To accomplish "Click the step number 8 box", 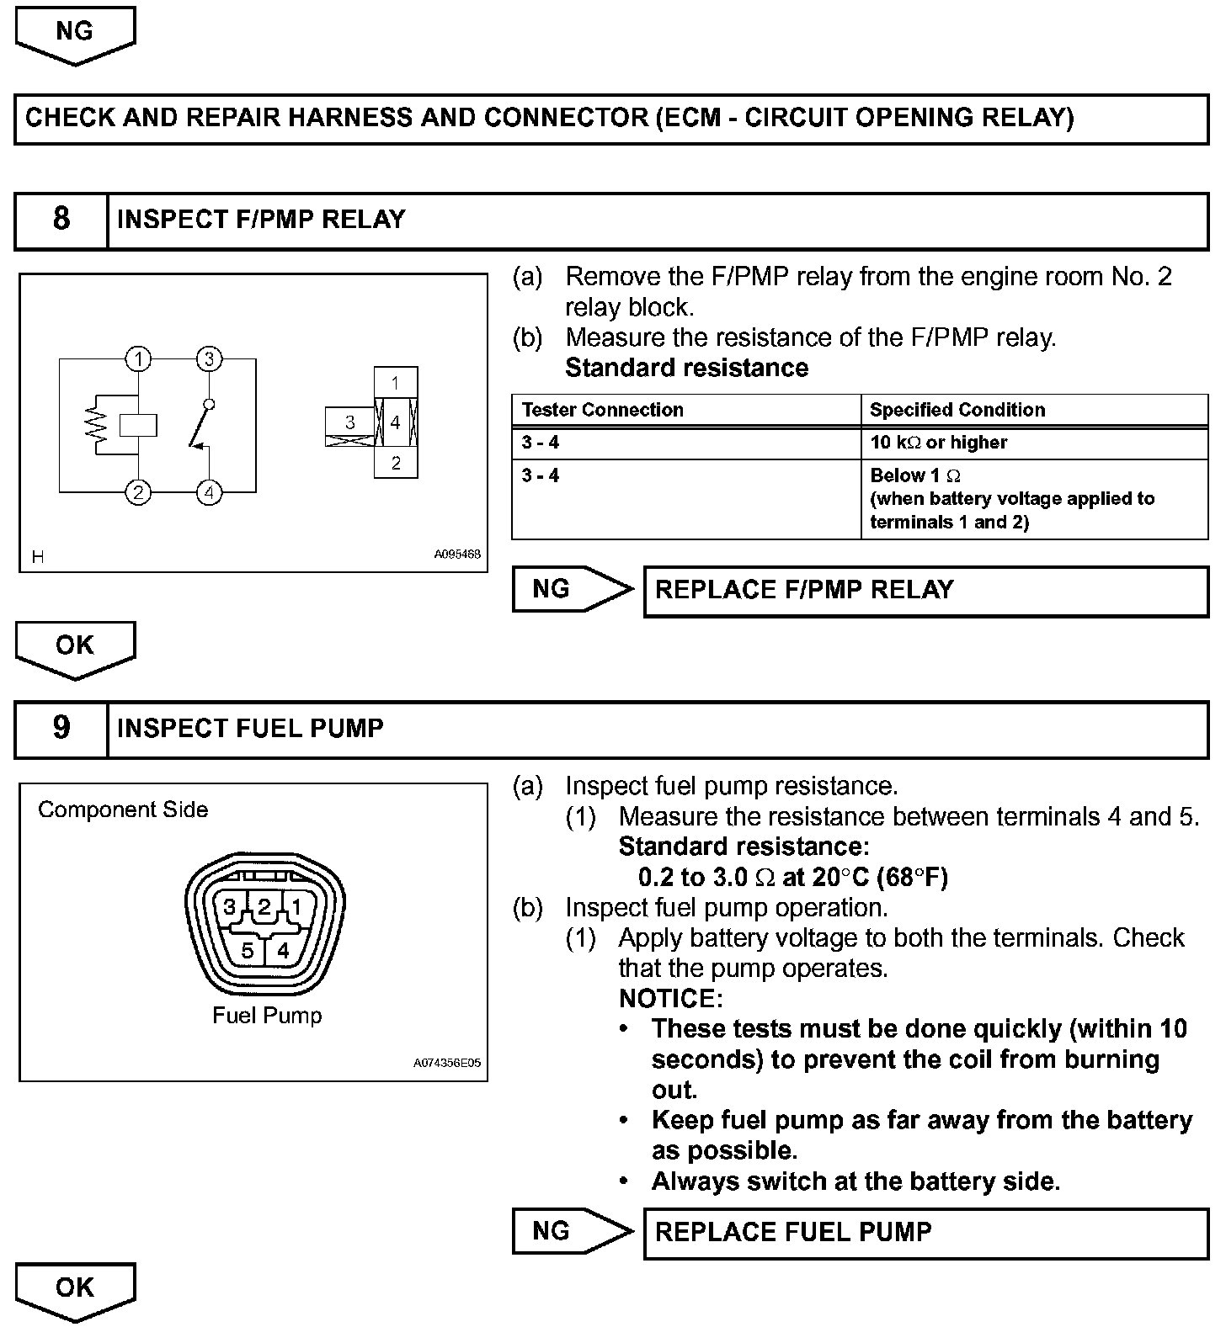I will click(x=61, y=220).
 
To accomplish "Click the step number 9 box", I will click(x=61, y=729).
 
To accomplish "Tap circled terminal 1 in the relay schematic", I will click(x=138, y=360).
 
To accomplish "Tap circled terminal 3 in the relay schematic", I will click(x=209, y=360).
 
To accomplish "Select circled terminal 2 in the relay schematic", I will click(x=138, y=491).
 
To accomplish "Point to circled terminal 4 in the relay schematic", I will click(x=209, y=491).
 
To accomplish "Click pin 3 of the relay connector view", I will click(x=350, y=422).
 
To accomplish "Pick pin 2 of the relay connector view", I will click(x=396, y=464).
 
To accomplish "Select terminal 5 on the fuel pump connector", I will click(x=248, y=951).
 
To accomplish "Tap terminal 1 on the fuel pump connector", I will click(x=296, y=907).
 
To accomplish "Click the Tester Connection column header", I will click(x=602, y=411).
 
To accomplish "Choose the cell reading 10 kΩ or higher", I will click(x=938, y=443).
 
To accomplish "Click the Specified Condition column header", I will click(x=957, y=411).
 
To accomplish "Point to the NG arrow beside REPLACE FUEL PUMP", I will click(x=571, y=1232).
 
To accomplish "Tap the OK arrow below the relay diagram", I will click(x=75, y=648).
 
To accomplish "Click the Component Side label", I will click(x=123, y=810).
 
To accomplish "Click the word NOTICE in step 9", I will click(x=670, y=999).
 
